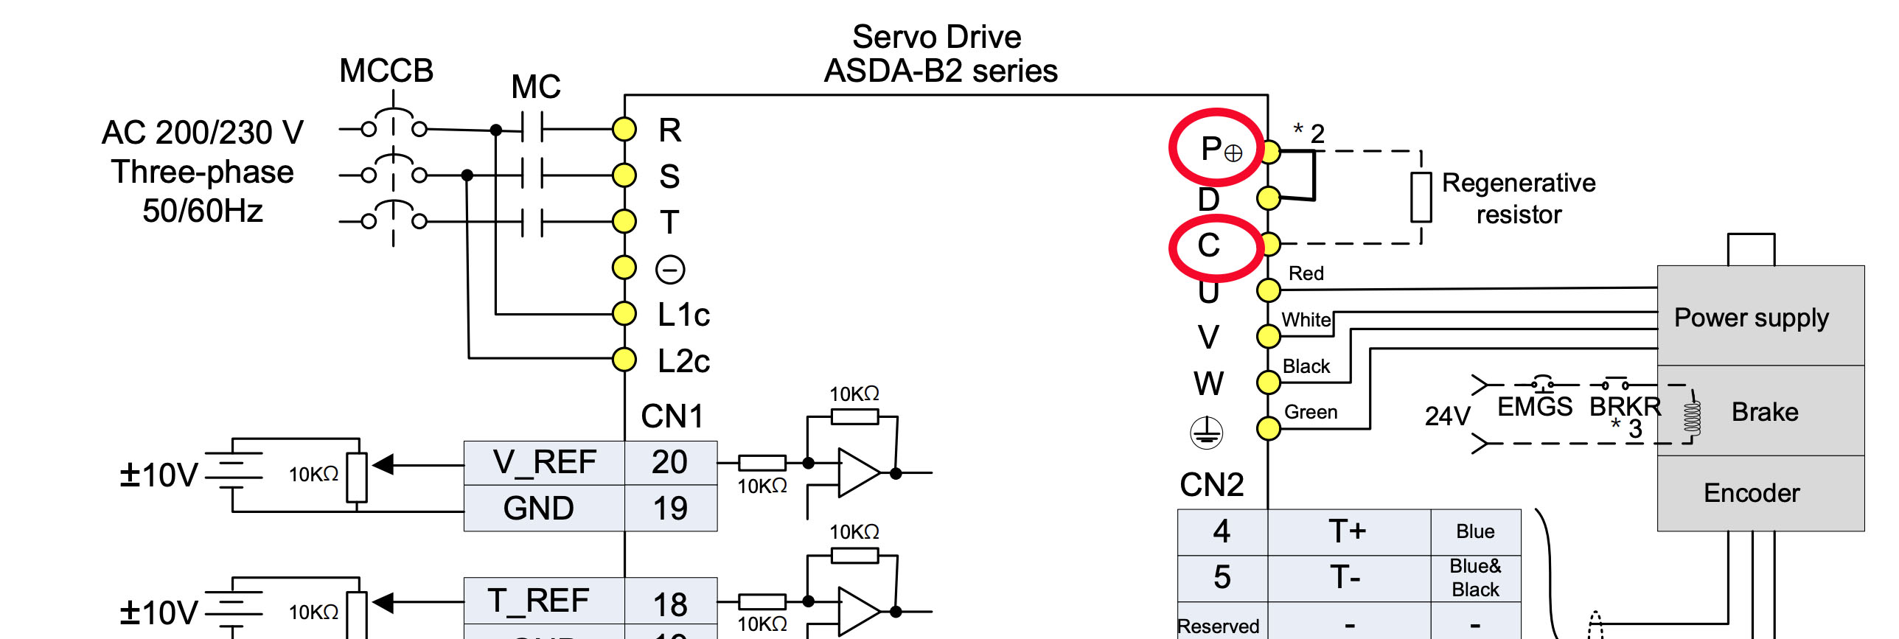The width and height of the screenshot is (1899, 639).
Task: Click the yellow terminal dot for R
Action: point(624,130)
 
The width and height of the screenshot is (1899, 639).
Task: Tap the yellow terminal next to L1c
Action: point(624,313)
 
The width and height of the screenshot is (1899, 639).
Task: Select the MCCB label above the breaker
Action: point(386,71)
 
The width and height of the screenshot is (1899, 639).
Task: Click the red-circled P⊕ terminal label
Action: point(1220,149)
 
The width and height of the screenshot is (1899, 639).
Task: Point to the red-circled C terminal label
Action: point(1209,245)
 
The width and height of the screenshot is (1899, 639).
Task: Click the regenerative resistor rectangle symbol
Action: point(1421,197)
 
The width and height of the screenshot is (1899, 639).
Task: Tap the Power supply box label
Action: point(1751,318)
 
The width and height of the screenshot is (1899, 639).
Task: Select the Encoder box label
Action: point(1752,493)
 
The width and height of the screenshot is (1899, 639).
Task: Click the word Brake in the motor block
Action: point(1765,412)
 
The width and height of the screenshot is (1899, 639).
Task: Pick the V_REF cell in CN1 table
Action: point(544,463)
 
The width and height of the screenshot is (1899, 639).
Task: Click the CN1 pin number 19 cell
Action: point(670,509)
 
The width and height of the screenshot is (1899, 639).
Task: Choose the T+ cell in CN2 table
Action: point(1348,531)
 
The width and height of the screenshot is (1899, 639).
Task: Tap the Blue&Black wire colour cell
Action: point(1475,578)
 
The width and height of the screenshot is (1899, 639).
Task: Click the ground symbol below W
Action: point(1207,433)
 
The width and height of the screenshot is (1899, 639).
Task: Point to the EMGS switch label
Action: point(1535,407)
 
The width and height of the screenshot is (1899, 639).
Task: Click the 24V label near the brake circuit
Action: point(1447,416)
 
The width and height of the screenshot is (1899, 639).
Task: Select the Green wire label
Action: point(1311,412)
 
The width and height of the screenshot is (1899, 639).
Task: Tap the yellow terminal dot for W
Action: point(1268,382)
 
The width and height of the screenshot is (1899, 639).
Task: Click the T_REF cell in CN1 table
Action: point(538,601)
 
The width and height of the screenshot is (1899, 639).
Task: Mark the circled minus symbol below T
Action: point(670,270)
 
